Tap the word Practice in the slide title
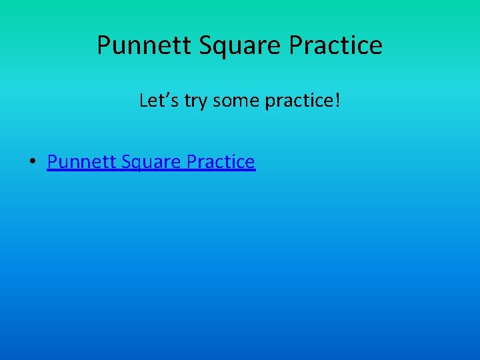coord(336,45)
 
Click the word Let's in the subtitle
coord(154,101)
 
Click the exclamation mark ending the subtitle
coord(338,101)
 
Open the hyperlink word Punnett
coord(77,162)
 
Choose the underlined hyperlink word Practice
coord(221,162)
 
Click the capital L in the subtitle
coord(143,101)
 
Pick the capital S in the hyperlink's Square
coord(120,162)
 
